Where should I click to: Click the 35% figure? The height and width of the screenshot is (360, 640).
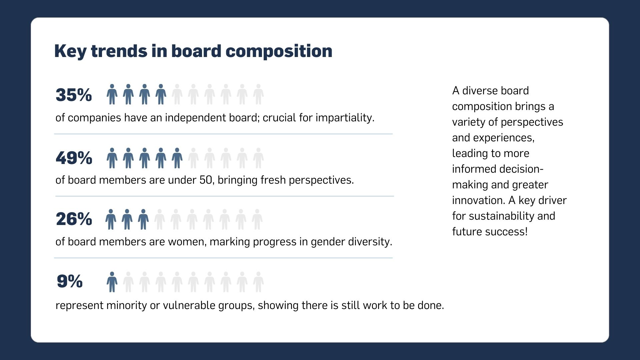(74, 95)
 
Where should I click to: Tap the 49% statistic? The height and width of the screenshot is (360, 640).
(74, 158)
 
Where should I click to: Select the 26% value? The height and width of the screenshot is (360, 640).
(74, 219)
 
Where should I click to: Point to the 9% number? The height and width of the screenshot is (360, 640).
(70, 281)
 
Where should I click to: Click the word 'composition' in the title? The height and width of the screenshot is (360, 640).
(279, 52)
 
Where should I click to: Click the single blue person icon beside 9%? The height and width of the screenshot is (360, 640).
(112, 282)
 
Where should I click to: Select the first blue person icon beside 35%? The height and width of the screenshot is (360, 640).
(112, 94)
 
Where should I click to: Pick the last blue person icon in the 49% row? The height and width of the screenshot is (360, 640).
(177, 158)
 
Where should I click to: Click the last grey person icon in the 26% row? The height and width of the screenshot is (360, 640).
(257, 219)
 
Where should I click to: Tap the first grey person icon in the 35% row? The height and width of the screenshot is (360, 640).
(177, 94)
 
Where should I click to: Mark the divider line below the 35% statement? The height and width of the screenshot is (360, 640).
(223, 134)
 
